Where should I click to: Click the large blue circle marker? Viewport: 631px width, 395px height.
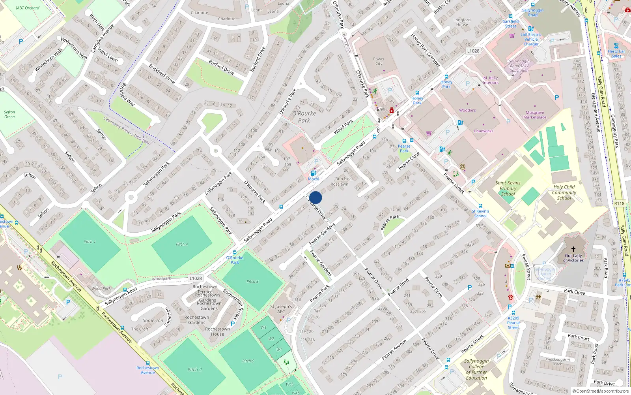coord(315,197)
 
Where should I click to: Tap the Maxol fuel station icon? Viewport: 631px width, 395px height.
coord(313,173)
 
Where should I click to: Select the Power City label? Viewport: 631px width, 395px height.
coord(379,61)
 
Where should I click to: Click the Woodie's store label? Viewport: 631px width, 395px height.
coord(467,111)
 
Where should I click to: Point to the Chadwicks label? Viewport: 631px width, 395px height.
coord(484,131)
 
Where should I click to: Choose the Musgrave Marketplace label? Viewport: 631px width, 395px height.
coord(535,115)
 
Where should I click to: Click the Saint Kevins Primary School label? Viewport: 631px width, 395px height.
coord(508,188)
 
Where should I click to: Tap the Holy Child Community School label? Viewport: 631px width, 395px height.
coord(564,192)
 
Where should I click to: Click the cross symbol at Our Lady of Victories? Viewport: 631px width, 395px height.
coord(573,249)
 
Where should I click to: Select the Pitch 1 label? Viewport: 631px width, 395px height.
coord(90,242)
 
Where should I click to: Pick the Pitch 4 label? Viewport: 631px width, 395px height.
coord(182,244)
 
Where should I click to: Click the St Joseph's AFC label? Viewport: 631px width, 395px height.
coord(281,309)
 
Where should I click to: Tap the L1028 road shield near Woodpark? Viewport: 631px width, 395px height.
coord(195,278)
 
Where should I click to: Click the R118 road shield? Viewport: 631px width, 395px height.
coord(619,203)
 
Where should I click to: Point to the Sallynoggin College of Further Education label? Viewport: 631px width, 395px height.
coord(476,369)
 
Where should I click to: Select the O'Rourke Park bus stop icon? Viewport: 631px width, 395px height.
coord(235,252)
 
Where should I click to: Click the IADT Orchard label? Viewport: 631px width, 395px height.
coord(28,8)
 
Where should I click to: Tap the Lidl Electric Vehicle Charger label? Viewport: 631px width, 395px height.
coord(531,39)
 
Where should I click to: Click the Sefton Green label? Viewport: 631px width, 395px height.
coord(9,115)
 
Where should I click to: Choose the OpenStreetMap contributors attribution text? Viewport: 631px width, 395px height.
coord(601,391)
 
